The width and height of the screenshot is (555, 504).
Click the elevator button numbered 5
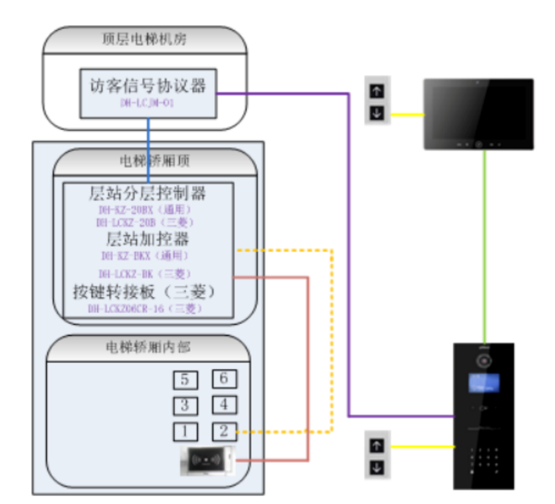pyautogui.click(x=185, y=380)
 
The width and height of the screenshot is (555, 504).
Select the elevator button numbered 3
pyautogui.click(x=185, y=405)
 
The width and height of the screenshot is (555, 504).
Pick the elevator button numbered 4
pyautogui.click(x=224, y=405)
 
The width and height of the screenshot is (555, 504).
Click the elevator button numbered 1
pyautogui.click(x=185, y=431)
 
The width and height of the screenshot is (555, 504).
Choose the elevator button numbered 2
pyautogui.click(x=224, y=431)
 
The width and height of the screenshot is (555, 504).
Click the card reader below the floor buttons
pyautogui.click(x=207, y=460)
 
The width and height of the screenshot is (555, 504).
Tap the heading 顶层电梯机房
pyautogui.click(x=145, y=40)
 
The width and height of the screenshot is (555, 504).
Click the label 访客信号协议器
pyautogui.click(x=148, y=86)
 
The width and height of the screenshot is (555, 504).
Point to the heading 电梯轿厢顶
pyautogui.click(x=155, y=161)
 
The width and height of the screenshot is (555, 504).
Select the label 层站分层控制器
pyautogui.click(x=147, y=194)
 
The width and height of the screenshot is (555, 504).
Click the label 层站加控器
pyautogui.click(x=147, y=240)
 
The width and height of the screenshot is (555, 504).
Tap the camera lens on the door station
pyautogui.click(x=484, y=361)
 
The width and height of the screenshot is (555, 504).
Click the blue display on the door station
pyautogui.click(x=483, y=383)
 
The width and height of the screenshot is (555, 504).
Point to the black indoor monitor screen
pyautogui.click(x=478, y=110)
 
